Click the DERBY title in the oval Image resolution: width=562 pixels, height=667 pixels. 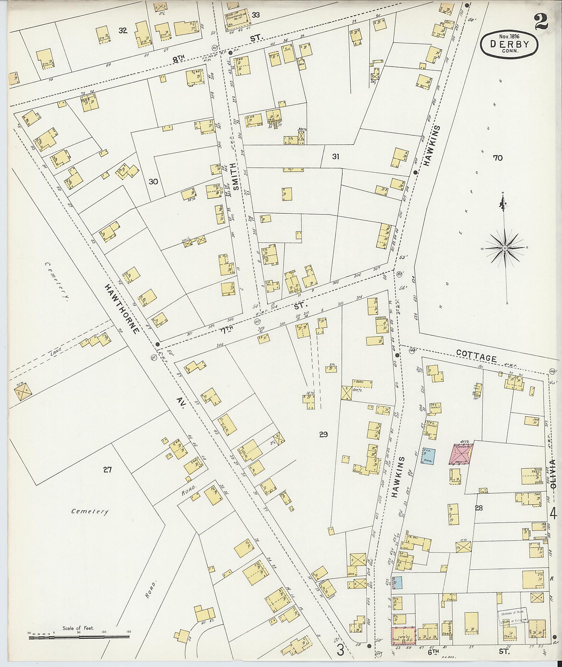tap(510, 44)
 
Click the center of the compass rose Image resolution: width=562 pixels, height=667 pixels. tap(505, 248)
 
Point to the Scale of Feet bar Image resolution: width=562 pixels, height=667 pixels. tap(79, 636)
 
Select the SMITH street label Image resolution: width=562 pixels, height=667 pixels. tap(235, 177)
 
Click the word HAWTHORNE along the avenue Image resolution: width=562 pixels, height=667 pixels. tap(122, 308)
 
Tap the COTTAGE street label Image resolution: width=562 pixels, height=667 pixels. tap(476, 355)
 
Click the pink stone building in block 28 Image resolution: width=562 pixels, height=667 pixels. tap(461, 454)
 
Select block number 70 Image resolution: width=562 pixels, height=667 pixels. tap(498, 158)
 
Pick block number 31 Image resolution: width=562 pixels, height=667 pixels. tap(335, 157)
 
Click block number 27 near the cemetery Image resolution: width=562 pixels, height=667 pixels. tap(108, 469)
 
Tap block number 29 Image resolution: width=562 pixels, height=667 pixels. tap(323, 434)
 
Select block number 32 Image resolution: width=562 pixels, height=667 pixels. tap(123, 31)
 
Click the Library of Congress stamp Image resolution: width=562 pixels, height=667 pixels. tap(512, 616)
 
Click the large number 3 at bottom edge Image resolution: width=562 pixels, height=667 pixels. tap(340, 650)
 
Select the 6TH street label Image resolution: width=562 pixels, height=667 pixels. tap(433, 652)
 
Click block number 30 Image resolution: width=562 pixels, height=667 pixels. tap(153, 182)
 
